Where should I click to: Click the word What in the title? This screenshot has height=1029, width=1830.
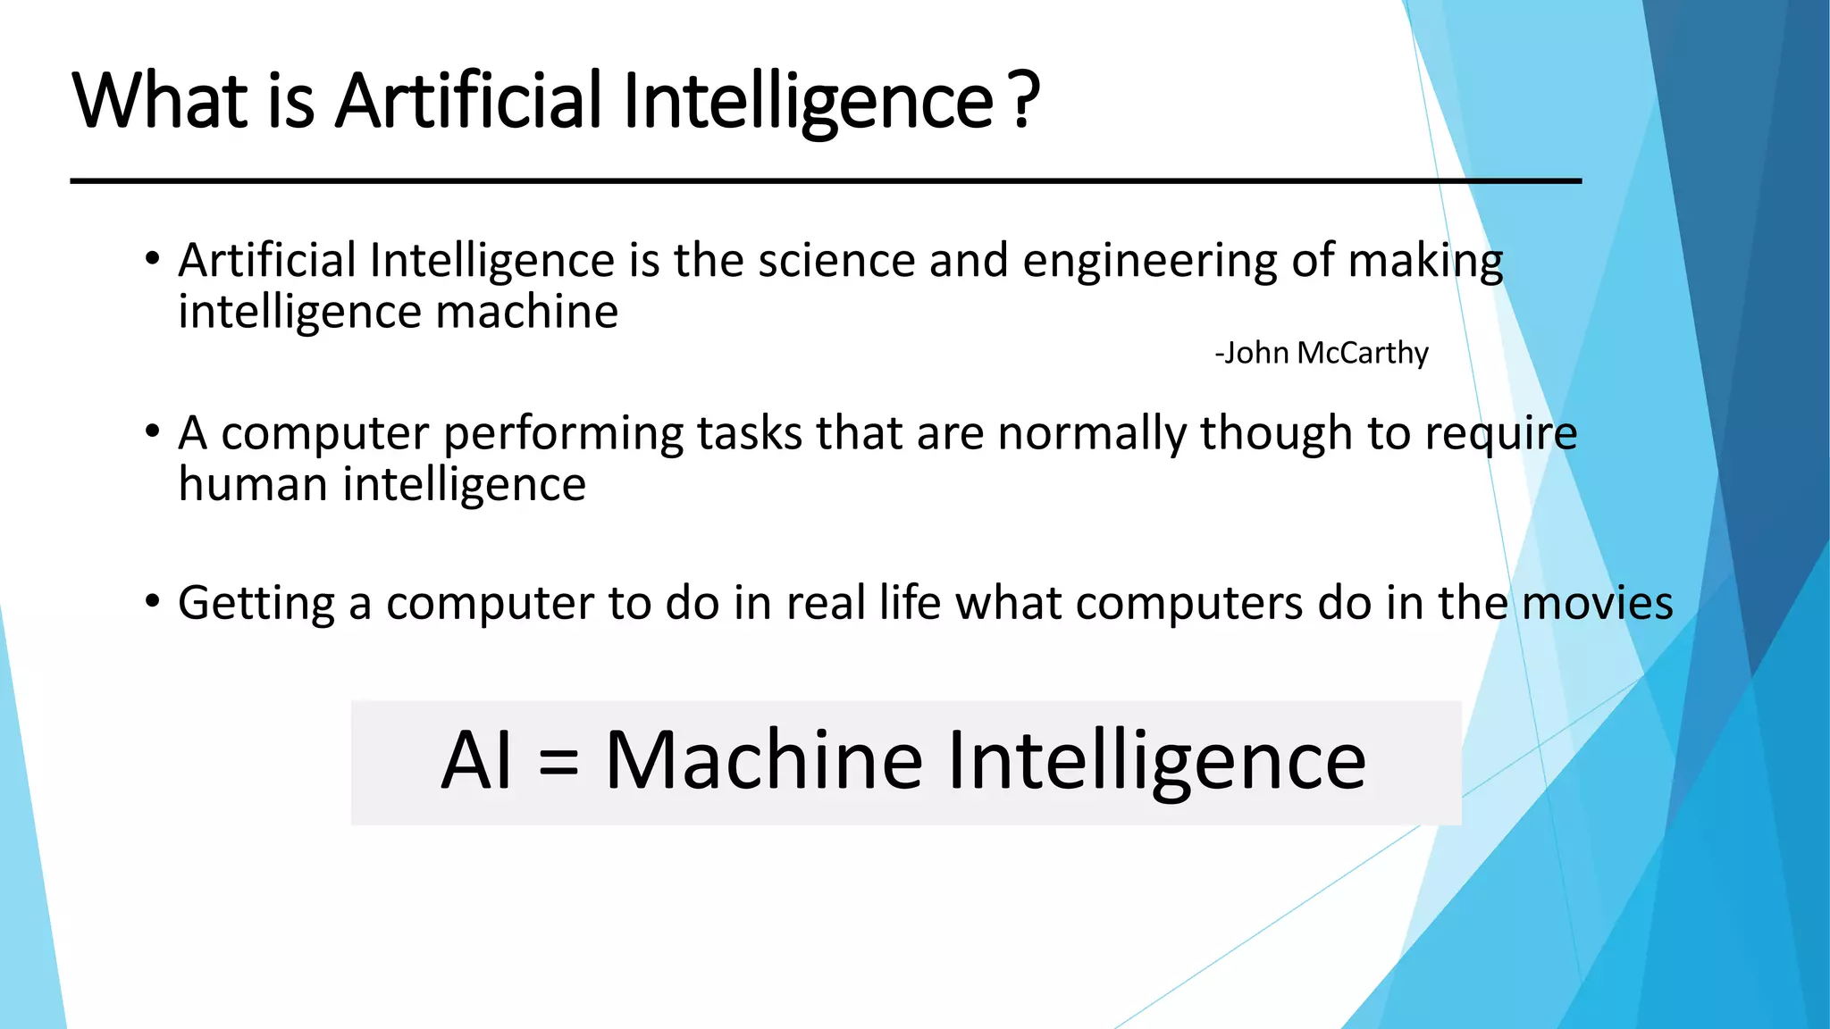(x=160, y=100)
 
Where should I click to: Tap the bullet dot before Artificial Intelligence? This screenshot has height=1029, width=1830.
(x=153, y=260)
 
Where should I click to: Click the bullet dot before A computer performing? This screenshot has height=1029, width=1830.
(x=153, y=432)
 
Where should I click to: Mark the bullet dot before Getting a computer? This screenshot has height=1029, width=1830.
(x=153, y=601)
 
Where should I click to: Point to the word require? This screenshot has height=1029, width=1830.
(x=1501, y=435)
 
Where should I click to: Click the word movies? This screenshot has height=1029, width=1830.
(x=1598, y=603)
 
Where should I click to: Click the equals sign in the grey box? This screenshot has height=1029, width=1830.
(x=559, y=762)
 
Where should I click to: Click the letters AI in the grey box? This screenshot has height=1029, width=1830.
(x=477, y=761)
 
